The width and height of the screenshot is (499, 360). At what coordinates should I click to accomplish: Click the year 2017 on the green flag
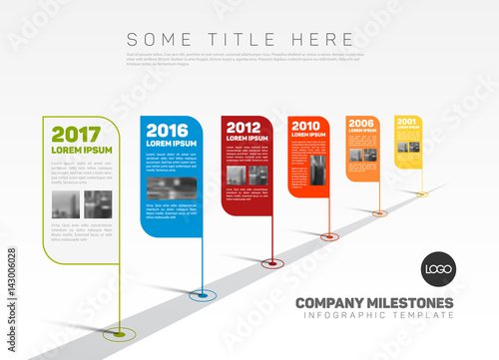(x=76, y=135)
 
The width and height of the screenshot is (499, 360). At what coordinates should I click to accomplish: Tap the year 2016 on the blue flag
(x=167, y=130)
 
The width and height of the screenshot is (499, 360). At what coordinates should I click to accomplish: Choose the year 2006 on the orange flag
(x=361, y=124)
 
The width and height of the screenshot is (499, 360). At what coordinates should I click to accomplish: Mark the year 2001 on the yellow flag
(x=407, y=123)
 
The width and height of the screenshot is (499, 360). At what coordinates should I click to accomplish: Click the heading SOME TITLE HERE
(x=240, y=39)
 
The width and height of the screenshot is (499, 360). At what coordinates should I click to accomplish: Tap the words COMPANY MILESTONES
(x=374, y=303)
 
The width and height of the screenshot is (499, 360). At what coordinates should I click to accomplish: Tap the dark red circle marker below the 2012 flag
(x=270, y=264)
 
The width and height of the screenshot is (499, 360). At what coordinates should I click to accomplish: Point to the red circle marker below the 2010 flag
(x=329, y=236)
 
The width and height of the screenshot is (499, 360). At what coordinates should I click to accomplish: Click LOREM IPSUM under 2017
(x=82, y=151)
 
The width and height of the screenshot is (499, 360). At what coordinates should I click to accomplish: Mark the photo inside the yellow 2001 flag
(x=408, y=147)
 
